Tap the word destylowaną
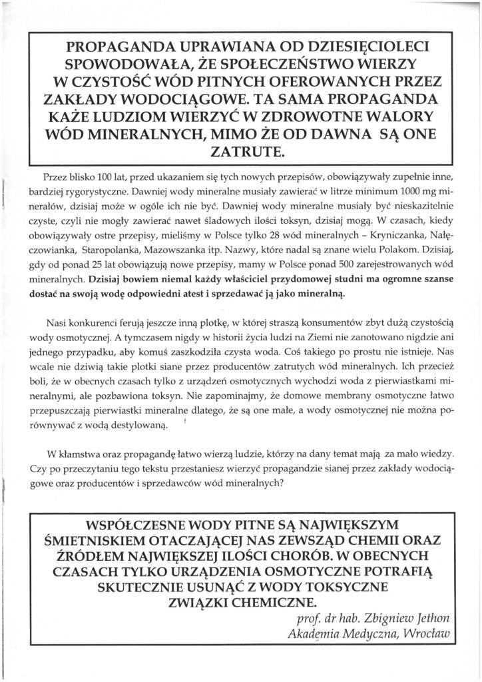tap(138, 424)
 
